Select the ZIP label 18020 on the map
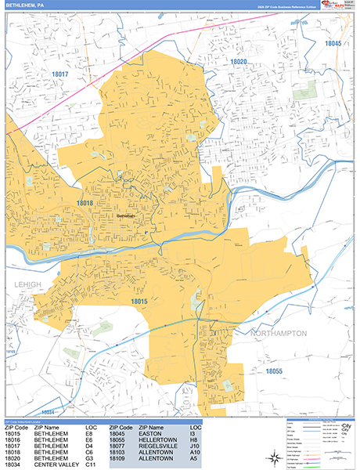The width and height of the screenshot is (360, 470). pyautogui.click(x=238, y=61)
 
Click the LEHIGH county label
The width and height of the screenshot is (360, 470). pyautogui.click(x=23, y=285)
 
